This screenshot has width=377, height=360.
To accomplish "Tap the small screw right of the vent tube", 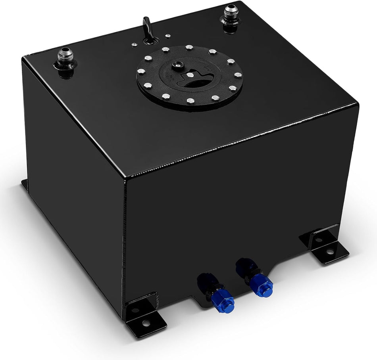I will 168,36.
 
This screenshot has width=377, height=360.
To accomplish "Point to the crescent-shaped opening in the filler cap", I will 190,84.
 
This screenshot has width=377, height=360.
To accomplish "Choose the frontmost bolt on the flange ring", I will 190,101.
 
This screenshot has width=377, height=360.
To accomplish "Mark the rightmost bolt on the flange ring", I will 238,75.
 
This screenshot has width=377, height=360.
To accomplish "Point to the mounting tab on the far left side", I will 25,184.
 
